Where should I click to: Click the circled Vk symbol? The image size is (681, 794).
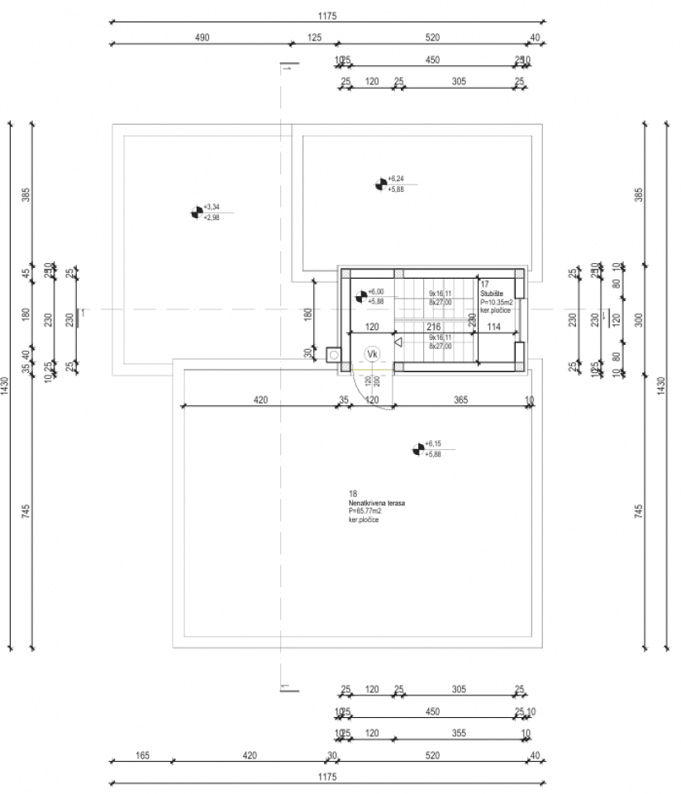pyautogui.click(x=373, y=354)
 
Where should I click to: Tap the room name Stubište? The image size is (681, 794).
pyautogui.click(x=493, y=293)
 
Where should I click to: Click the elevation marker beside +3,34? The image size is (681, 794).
pyautogui.click(x=196, y=213)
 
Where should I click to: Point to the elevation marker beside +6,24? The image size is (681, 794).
pyautogui.click(x=381, y=184)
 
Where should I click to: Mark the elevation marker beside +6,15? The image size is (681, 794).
pyautogui.click(x=418, y=449)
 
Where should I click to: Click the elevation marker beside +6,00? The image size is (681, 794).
pyautogui.click(x=360, y=295)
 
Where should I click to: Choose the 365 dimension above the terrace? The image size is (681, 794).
pyautogui.click(x=460, y=399)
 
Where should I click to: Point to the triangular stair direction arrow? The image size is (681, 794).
pyautogui.click(x=398, y=341)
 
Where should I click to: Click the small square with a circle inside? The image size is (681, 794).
pyautogui.click(x=333, y=354)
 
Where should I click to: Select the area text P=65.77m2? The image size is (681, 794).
pyautogui.click(x=366, y=512)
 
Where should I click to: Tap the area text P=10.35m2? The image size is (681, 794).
pyautogui.click(x=497, y=303)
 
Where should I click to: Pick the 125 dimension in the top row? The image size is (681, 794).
pyautogui.click(x=314, y=37)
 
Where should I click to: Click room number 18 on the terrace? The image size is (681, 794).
pyautogui.click(x=352, y=495)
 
